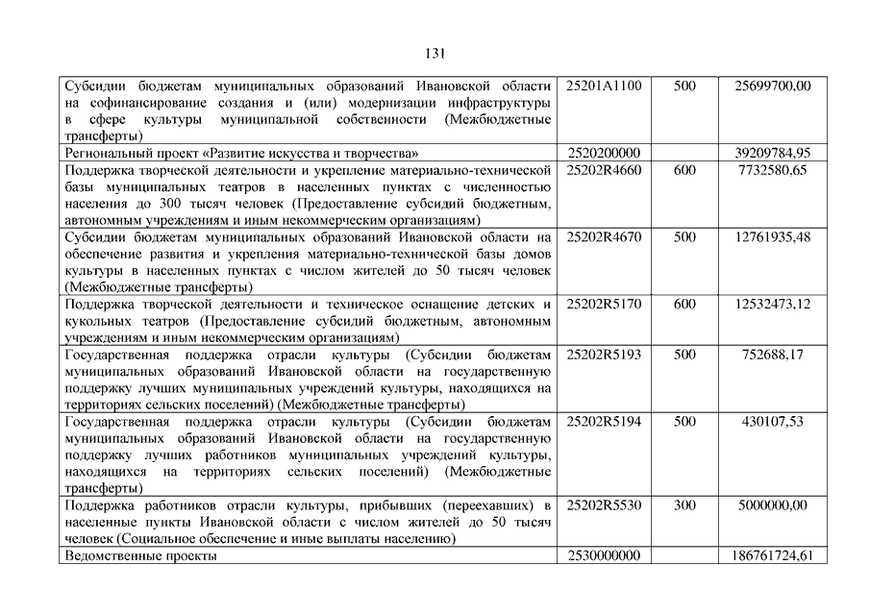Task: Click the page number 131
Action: coord(435,54)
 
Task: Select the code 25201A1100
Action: coord(605,86)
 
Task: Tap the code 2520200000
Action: coord(605,153)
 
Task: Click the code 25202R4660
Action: coord(605,170)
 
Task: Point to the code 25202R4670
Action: coord(605,236)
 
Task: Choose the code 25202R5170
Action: coord(605,304)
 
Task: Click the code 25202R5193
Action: coord(605,355)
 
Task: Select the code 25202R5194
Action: coord(605,421)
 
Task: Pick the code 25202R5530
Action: coord(605,504)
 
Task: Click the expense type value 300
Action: coord(685,504)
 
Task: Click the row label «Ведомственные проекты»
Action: coord(140,555)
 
